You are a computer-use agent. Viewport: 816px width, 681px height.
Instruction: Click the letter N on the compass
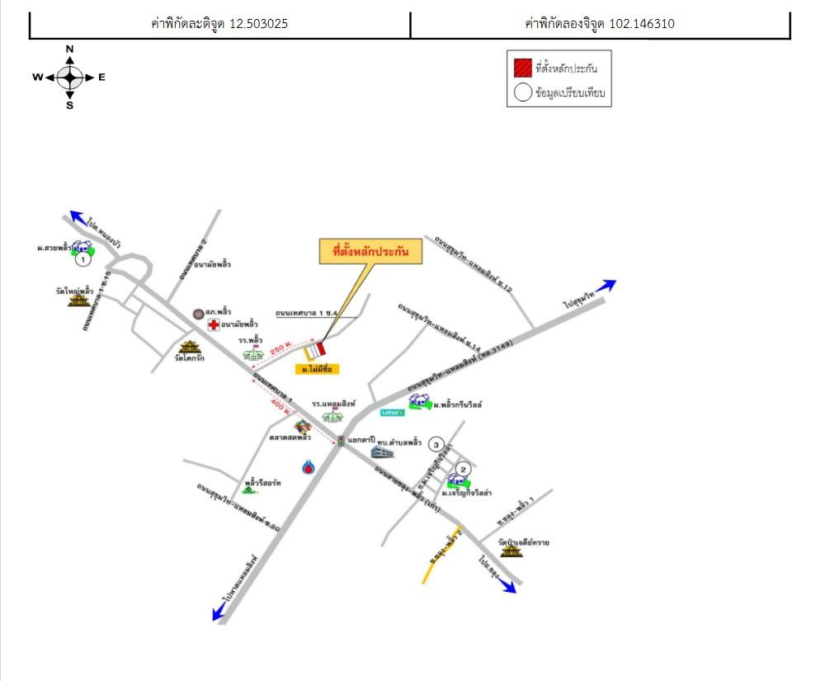coord(70,50)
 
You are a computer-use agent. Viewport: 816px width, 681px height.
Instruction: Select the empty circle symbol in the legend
coord(523,92)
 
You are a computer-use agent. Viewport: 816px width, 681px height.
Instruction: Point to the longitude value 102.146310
coord(641,24)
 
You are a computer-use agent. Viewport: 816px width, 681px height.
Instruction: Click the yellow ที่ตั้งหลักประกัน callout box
coord(370,253)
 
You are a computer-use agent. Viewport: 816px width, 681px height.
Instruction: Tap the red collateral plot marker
coord(318,348)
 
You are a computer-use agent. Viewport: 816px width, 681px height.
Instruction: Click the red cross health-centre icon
coord(214,325)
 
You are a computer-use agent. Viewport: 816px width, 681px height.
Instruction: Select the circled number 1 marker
coord(83,260)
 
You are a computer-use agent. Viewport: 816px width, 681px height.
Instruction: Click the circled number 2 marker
coord(463,470)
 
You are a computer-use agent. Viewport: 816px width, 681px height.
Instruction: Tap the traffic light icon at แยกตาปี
coord(341,441)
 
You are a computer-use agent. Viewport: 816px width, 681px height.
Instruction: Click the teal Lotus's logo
coord(392,412)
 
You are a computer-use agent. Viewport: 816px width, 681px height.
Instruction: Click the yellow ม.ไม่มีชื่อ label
coord(318,369)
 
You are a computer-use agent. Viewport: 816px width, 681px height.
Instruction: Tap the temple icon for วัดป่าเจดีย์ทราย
coord(512,551)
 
